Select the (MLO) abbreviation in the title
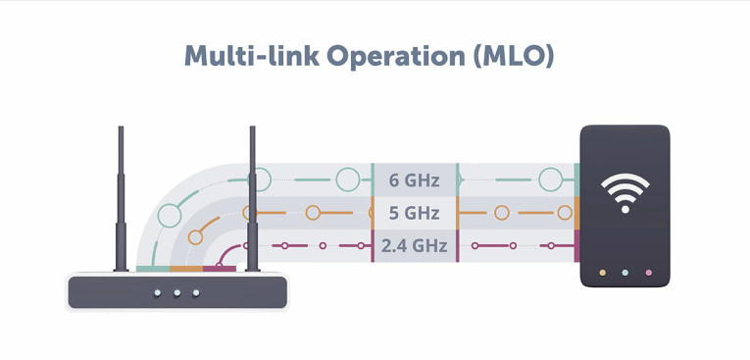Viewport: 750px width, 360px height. [514, 56]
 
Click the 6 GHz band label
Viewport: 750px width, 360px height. [413, 180]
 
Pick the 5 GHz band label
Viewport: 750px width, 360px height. [413, 213]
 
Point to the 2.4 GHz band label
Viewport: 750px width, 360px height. [413, 245]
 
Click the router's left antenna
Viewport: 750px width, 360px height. [121, 196]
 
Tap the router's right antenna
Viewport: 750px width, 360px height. [252, 196]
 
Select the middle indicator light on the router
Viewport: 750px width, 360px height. [177, 292]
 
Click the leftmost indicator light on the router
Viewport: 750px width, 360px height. [158, 292]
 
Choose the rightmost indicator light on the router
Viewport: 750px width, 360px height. [196, 292]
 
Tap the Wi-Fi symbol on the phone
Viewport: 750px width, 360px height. [625, 192]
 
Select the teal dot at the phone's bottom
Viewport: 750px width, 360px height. [625, 273]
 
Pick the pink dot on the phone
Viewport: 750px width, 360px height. [648, 273]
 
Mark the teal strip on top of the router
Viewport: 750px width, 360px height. [153, 268]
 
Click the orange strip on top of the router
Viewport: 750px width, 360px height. [186, 268]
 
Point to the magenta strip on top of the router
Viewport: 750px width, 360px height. [219, 268]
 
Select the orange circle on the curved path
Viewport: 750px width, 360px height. [195, 237]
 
